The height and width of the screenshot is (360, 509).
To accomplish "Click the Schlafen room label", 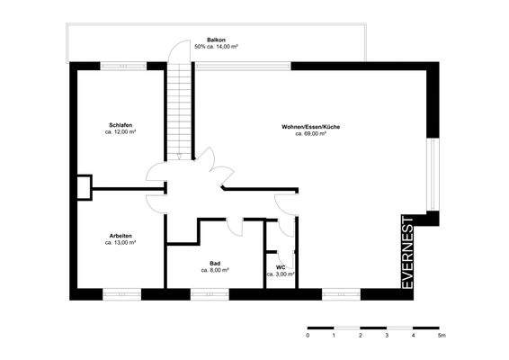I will tap(121, 124).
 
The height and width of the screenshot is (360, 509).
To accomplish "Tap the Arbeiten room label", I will tap(121, 236).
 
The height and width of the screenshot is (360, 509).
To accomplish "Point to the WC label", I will tap(281, 266).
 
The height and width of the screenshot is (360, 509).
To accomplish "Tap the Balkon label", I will tap(216, 40).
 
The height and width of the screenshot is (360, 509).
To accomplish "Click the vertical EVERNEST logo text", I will tap(407, 252).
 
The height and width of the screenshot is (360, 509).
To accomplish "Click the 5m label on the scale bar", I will tap(441, 336).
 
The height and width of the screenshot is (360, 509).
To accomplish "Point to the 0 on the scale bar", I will tap(308, 336).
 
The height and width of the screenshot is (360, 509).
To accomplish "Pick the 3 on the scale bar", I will tap(388, 336).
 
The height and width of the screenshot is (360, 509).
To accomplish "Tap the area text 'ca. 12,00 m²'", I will tap(121, 131).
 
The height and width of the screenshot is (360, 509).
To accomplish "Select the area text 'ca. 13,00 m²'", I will tap(121, 243).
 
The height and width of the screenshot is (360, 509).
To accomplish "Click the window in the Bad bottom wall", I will tap(216, 293).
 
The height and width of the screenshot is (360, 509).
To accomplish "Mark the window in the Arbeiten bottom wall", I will tap(121, 293).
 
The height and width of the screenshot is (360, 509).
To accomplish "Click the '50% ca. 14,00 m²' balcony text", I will tap(216, 47).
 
